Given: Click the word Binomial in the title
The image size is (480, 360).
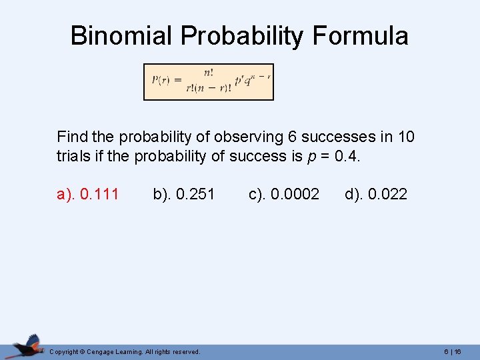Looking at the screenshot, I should (x=117, y=35).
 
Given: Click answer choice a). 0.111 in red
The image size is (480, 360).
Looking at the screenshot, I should (x=88, y=194).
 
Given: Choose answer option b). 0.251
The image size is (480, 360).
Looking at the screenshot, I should (x=184, y=194).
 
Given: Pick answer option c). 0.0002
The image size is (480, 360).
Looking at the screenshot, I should (x=284, y=194).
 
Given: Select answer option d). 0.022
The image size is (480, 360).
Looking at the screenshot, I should (x=376, y=194).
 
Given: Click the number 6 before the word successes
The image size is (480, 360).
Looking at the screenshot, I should (x=292, y=137).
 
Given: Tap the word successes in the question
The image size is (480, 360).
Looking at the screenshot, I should (x=338, y=137).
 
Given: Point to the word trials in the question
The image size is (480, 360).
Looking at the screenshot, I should (x=73, y=156).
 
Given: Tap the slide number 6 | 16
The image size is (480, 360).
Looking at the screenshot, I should (x=453, y=351).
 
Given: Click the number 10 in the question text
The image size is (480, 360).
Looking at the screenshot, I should (x=406, y=137).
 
